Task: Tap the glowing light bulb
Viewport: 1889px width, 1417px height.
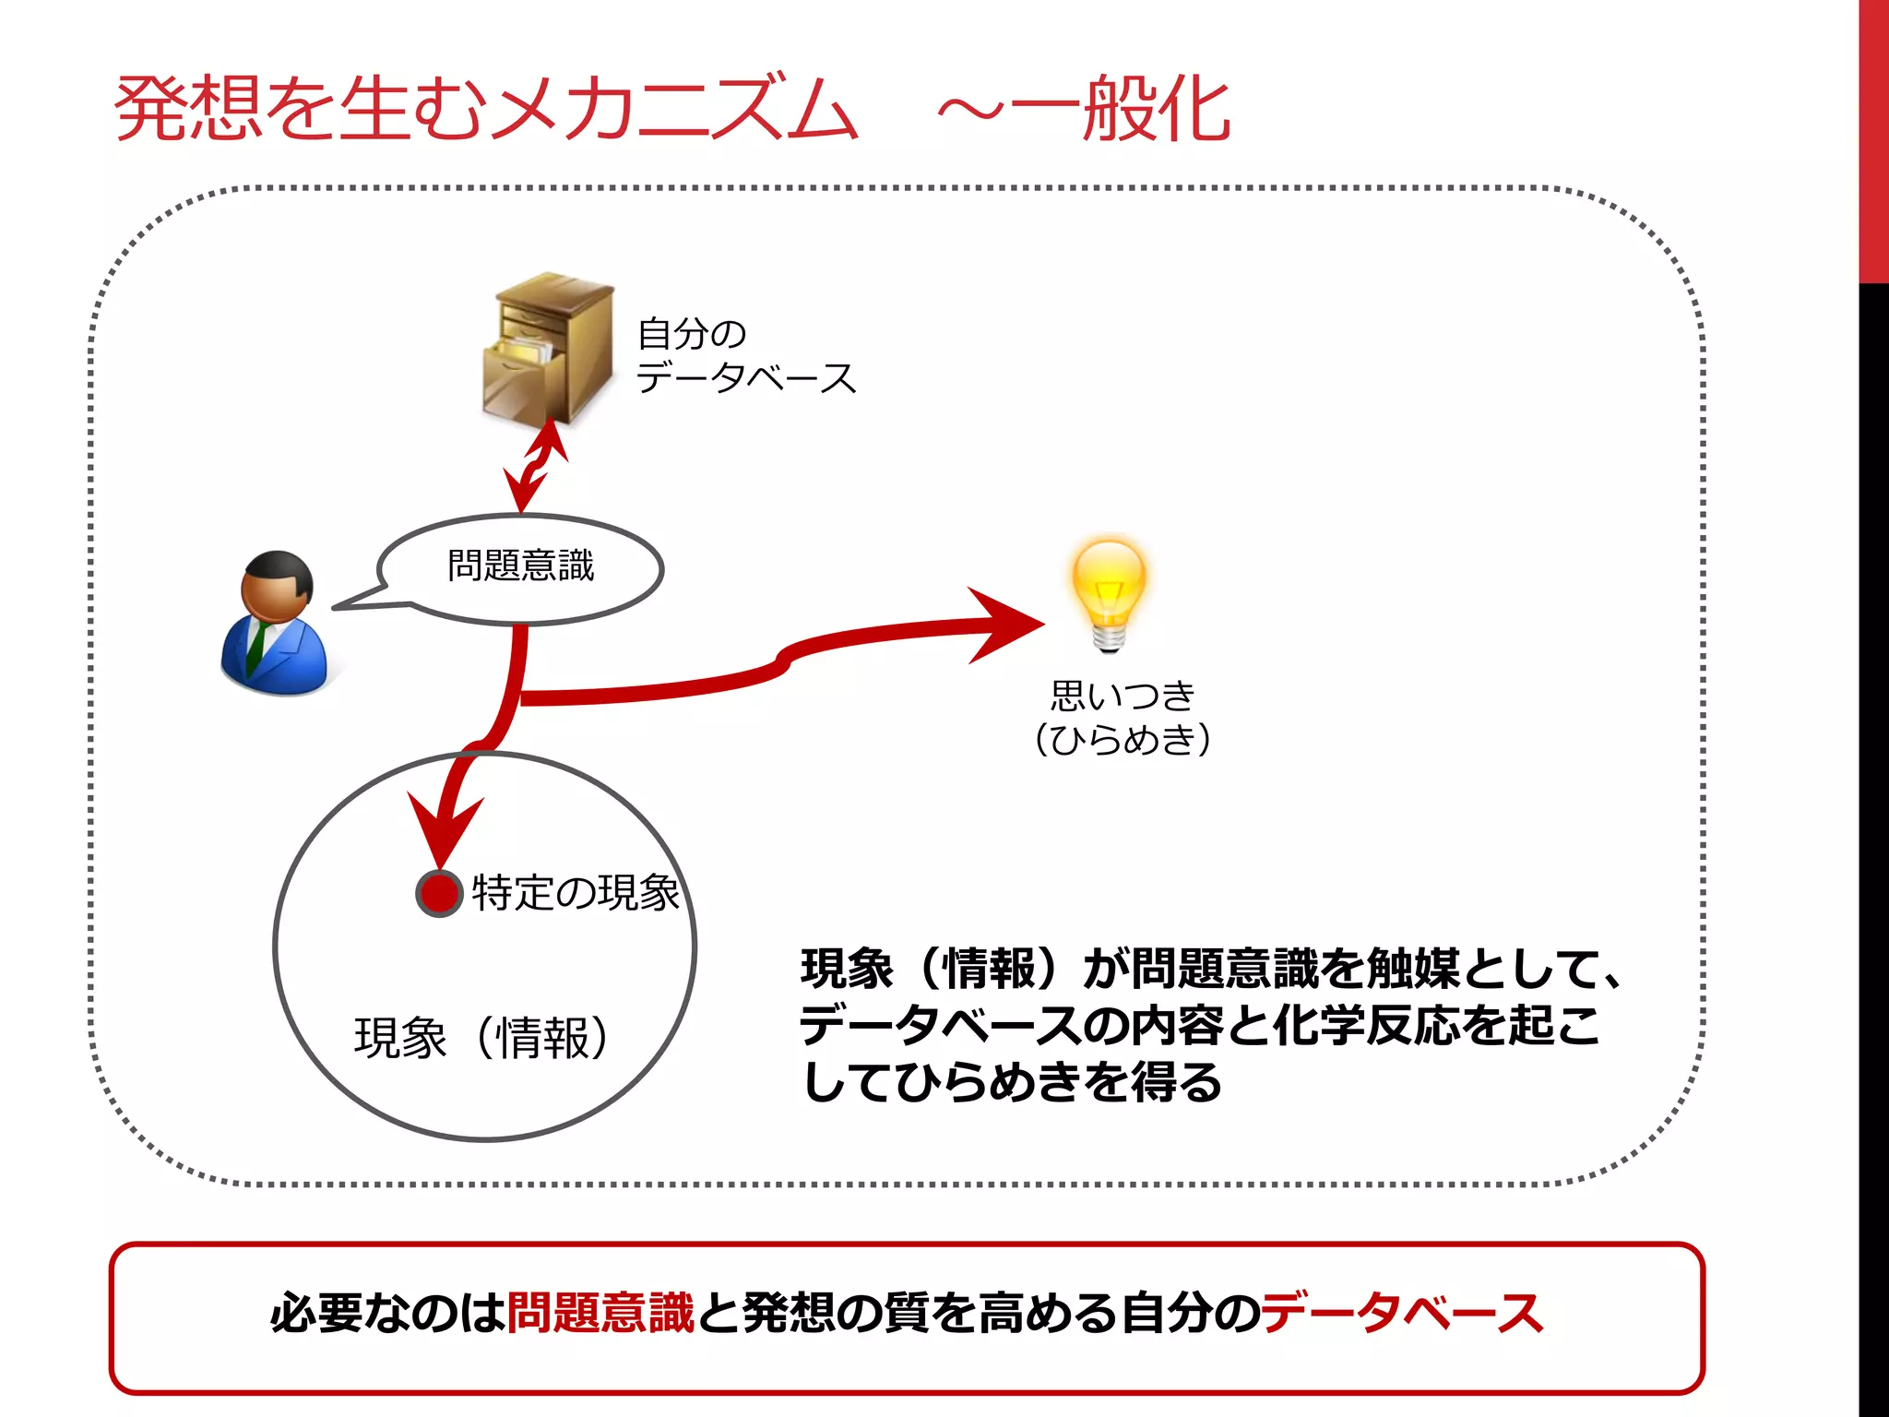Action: point(1109,590)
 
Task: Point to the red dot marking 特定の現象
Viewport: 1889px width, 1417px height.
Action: point(439,893)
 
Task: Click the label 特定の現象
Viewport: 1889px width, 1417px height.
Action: point(576,893)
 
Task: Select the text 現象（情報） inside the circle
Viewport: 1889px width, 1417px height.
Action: point(482,1038)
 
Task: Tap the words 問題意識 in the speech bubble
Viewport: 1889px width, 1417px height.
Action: point(521,566)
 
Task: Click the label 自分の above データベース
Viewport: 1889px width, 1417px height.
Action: point(692,334)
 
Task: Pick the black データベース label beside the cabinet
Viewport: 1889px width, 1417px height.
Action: point(746,378)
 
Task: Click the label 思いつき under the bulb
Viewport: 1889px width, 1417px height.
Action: point(1123,696)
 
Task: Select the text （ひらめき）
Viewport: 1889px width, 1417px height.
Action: point(1123,739)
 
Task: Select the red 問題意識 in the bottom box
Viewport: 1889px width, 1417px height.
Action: point(600,1313)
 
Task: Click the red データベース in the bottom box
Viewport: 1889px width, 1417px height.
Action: point(1402,1313)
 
